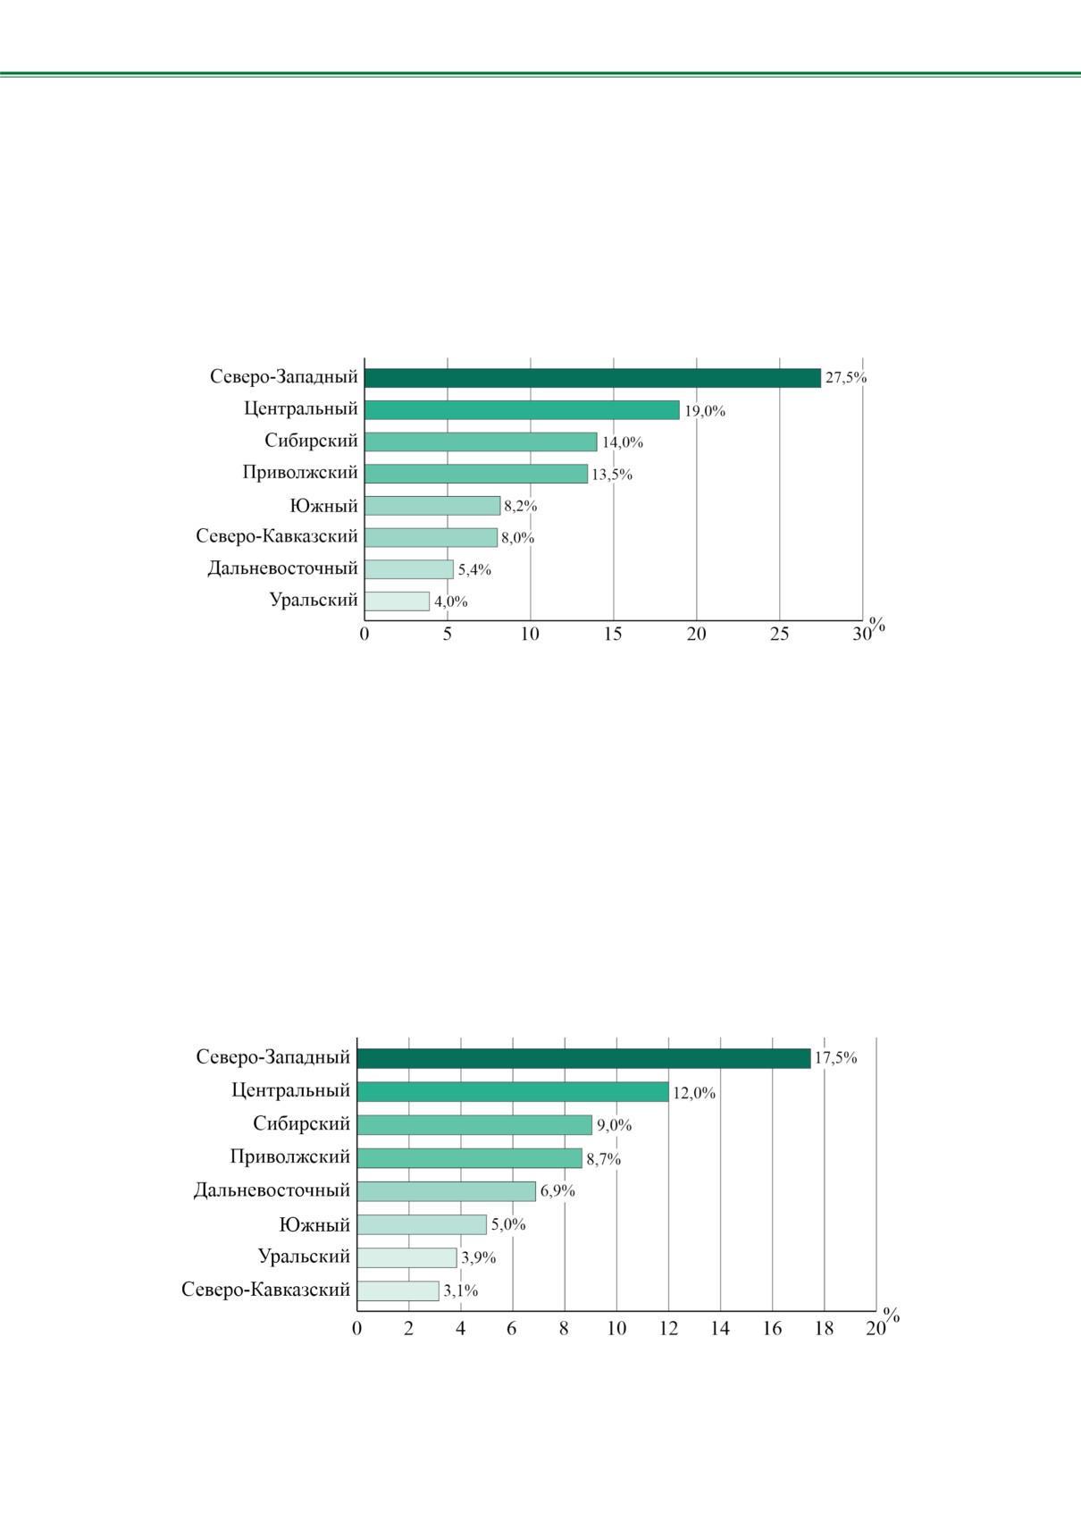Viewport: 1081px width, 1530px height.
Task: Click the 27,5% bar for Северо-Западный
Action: [x=592, y=378]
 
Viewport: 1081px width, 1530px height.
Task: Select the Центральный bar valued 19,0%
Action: [x=522, y=410]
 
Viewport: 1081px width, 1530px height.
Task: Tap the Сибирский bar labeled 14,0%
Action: [x=481, y=441]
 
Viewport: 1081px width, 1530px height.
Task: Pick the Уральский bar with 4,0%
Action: [x=397, y=601]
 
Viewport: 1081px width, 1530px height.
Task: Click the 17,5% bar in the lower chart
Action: [x=584, y=1058]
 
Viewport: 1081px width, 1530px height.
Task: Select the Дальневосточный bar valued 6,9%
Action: [x=447, y=1191]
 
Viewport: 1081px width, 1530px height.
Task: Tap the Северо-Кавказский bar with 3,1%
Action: [x=398, y=1290]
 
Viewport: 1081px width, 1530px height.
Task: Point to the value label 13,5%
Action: [x=612, y=475]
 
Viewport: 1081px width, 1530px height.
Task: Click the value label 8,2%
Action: [x=520, y=506]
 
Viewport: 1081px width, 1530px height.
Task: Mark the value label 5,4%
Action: [x=474, y=569]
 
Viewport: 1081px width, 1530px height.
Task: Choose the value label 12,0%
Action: [x=694, y=1093]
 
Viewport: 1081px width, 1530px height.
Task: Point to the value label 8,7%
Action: [x=604, y=1159]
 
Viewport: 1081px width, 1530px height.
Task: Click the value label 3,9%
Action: [x=479, y=1257]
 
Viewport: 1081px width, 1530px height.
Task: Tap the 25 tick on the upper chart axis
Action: [x=779, y=635]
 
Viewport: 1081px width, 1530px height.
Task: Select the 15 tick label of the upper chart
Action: [x=613, y=635]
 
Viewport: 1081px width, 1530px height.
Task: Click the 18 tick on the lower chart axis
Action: [x=825, y=1329]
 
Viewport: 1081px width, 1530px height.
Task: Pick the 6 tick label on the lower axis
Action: [x=512, y=1329]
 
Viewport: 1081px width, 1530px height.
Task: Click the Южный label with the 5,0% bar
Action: [x=314, y=1224]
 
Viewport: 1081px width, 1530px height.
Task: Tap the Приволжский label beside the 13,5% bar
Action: [x=300, y=473]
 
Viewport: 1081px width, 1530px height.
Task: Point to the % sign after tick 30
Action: [x=876, y=625]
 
